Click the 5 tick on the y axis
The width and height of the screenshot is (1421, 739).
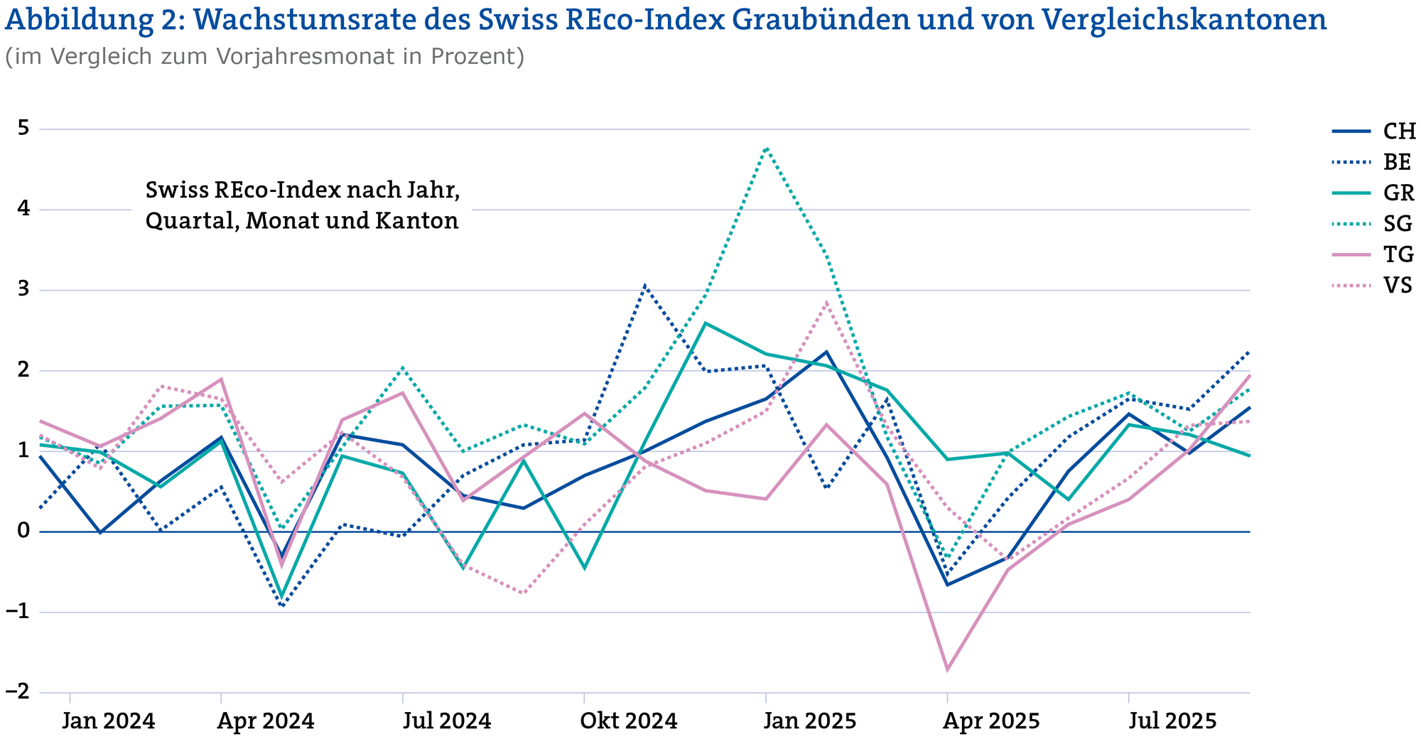click(x=23, y=129)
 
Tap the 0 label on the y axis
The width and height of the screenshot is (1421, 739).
click(x=23, y=532)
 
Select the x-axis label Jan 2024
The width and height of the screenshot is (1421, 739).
click(x=108, y=721)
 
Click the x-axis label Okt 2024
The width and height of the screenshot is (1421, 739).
click(x=628, y=721)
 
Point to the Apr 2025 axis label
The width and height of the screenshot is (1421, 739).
click(x=991, y=721)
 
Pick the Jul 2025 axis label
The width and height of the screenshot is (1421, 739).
click(x=1172, y=721)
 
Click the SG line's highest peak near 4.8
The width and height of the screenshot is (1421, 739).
click(x=766, y=148)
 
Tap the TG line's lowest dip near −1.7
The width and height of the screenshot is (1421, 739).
click(x=947, y=669)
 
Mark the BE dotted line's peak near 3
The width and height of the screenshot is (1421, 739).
click(x=644, y=286)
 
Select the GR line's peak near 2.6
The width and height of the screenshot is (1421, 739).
click(x=705, y=323)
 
